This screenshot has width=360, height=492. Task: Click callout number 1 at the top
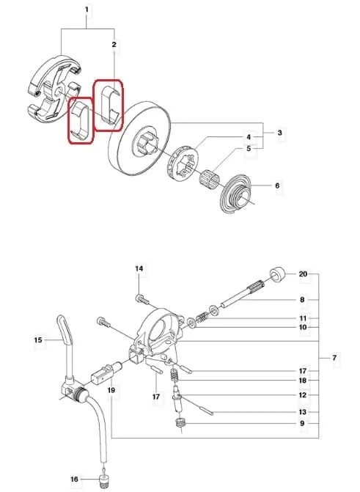87,10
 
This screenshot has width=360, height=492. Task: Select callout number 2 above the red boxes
114,45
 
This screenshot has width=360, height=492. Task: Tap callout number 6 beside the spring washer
277,186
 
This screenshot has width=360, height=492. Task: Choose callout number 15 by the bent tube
38,339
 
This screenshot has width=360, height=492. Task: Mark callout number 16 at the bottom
73,480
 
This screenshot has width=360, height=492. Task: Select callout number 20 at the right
303,274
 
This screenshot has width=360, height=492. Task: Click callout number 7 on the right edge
334,358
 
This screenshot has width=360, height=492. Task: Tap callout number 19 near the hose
112,391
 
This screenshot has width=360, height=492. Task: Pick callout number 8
303,299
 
